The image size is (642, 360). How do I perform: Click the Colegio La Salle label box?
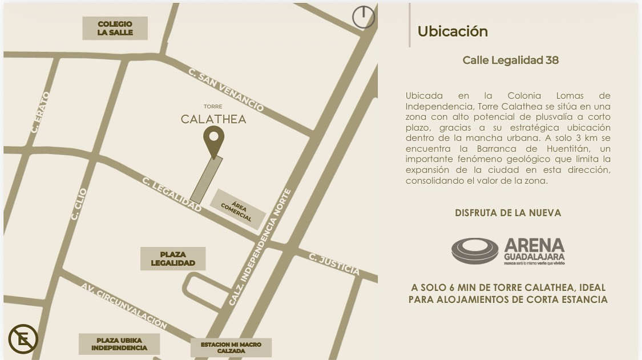115,29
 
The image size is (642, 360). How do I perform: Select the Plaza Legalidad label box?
173,258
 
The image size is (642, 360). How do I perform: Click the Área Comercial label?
237,209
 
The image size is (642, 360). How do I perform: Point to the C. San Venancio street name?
226,90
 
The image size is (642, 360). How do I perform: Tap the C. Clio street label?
79,204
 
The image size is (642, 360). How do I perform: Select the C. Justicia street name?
334,264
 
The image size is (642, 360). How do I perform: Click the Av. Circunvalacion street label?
124,306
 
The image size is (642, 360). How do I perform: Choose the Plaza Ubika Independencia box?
119,344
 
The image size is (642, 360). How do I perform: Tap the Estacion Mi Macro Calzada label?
231,347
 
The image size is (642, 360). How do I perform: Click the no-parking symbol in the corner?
23,339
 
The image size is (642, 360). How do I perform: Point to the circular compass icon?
364,17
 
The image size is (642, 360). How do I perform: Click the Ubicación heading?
453,31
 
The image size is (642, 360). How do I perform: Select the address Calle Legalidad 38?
510,60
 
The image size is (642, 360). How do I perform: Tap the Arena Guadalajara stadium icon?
475,251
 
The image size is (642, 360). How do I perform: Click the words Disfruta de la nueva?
508,213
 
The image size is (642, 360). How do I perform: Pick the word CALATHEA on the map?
213,119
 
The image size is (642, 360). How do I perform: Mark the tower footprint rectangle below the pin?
206,179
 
